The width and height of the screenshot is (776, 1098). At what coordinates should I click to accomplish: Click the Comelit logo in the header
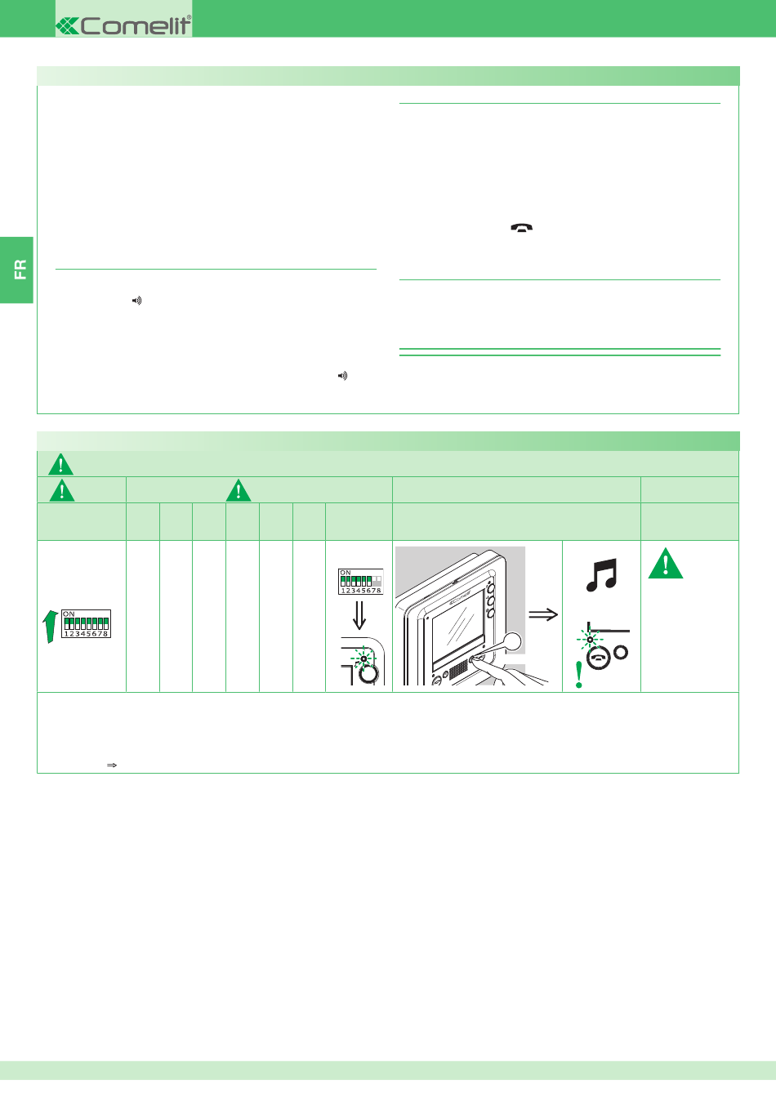tap(123, 25)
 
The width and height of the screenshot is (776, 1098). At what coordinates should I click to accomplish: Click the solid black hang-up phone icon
tap(522, 227)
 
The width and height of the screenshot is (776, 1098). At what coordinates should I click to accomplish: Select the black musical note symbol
tap(601, 575)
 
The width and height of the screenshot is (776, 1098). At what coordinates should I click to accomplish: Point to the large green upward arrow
tap(50, 627)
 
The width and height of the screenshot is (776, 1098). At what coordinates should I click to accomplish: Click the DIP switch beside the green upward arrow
tap(87, 623)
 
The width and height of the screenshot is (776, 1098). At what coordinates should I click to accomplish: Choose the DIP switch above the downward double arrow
tap(360, 582)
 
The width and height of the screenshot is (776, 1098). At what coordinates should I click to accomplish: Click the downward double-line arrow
tap(359, 615)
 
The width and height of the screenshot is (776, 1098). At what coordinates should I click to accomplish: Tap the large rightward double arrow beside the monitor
tap(543, 614)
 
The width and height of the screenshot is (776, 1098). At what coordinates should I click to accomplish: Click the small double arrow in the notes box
tap(112, 765)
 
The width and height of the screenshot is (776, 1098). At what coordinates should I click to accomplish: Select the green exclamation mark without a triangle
tap(579, 675)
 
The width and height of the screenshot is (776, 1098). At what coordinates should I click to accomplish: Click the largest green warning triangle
tap(665, 564)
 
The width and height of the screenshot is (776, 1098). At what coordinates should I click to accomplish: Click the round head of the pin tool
tap(512, 641)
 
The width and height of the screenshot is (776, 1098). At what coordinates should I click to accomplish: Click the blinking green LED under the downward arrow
tap(363, 658)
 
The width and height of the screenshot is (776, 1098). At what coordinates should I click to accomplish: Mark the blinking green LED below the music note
tap(590, 640)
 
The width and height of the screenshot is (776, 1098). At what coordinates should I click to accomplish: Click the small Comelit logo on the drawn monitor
tap(459, 599)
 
